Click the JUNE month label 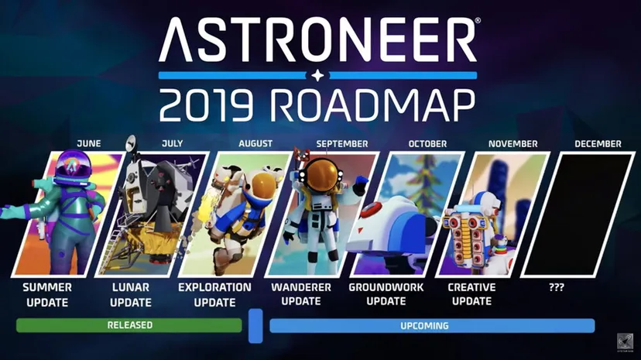[89, 143]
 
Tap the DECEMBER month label [598, 144]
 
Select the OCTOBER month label [427, 144]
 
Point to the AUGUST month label [255, 143]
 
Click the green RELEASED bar [129, 325]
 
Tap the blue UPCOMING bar [432, 326]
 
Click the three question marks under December [557, 287]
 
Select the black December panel [578, 214]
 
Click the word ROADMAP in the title [374, 105]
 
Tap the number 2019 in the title [207, 105]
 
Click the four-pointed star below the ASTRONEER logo [317, 76]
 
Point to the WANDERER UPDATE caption [301, 294]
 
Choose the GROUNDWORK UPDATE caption [386, 294]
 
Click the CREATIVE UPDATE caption [471, 294]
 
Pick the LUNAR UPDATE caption [131, 295]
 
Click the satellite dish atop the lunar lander [132, 142]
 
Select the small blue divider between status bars [255, 326]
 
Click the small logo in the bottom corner [625, 341]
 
